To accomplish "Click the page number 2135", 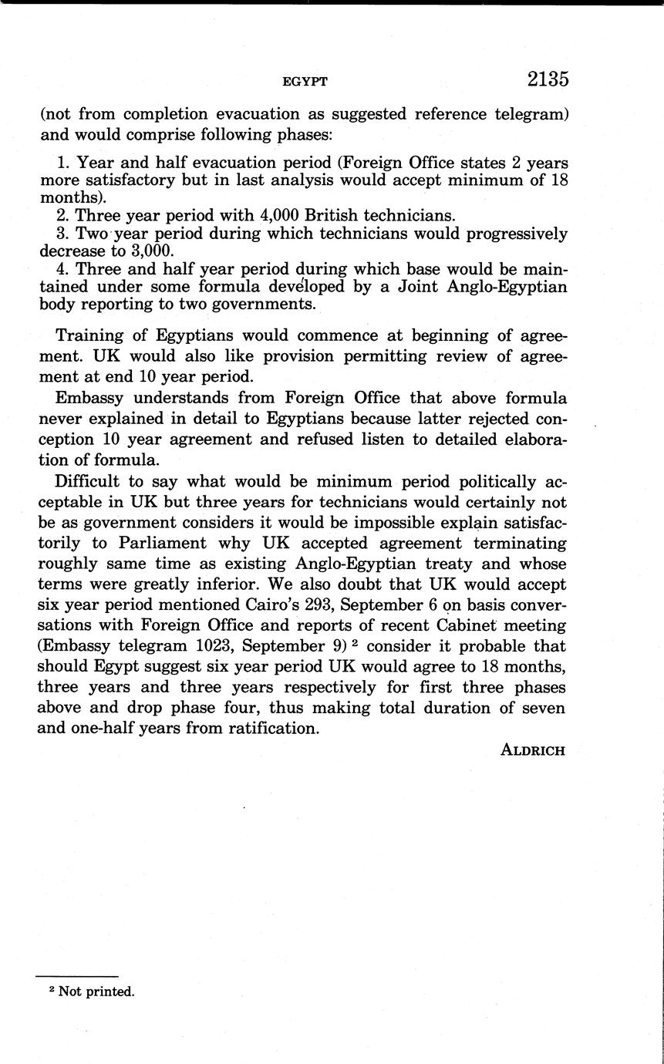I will point(548,79).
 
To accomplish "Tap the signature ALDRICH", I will point(533,750).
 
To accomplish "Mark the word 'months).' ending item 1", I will point(67,197).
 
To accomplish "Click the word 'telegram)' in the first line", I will point(528,114).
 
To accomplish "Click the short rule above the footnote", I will point(76,976).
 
